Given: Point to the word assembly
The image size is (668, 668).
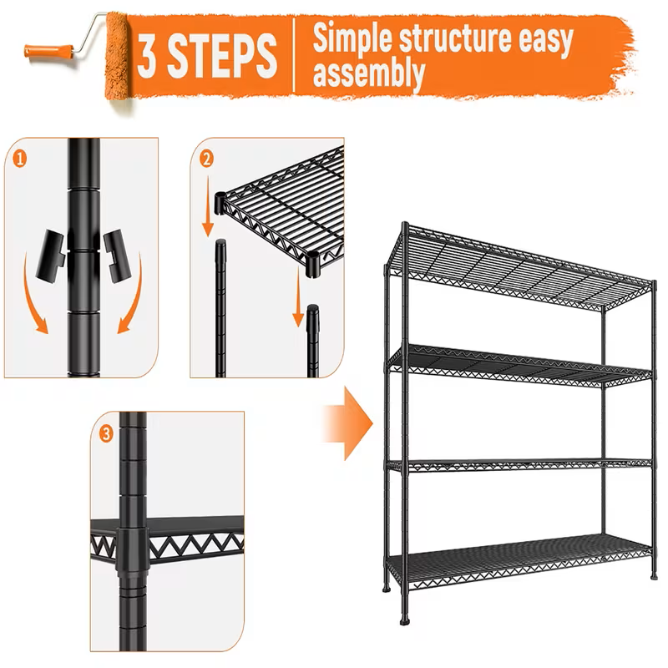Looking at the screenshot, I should pyautogui.click(x=367, y=73).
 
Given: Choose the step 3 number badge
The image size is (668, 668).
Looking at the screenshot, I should pyautogui.click(x=106, y=433).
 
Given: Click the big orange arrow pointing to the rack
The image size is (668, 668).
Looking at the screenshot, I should pyautogui.click(x=347, y=426).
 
